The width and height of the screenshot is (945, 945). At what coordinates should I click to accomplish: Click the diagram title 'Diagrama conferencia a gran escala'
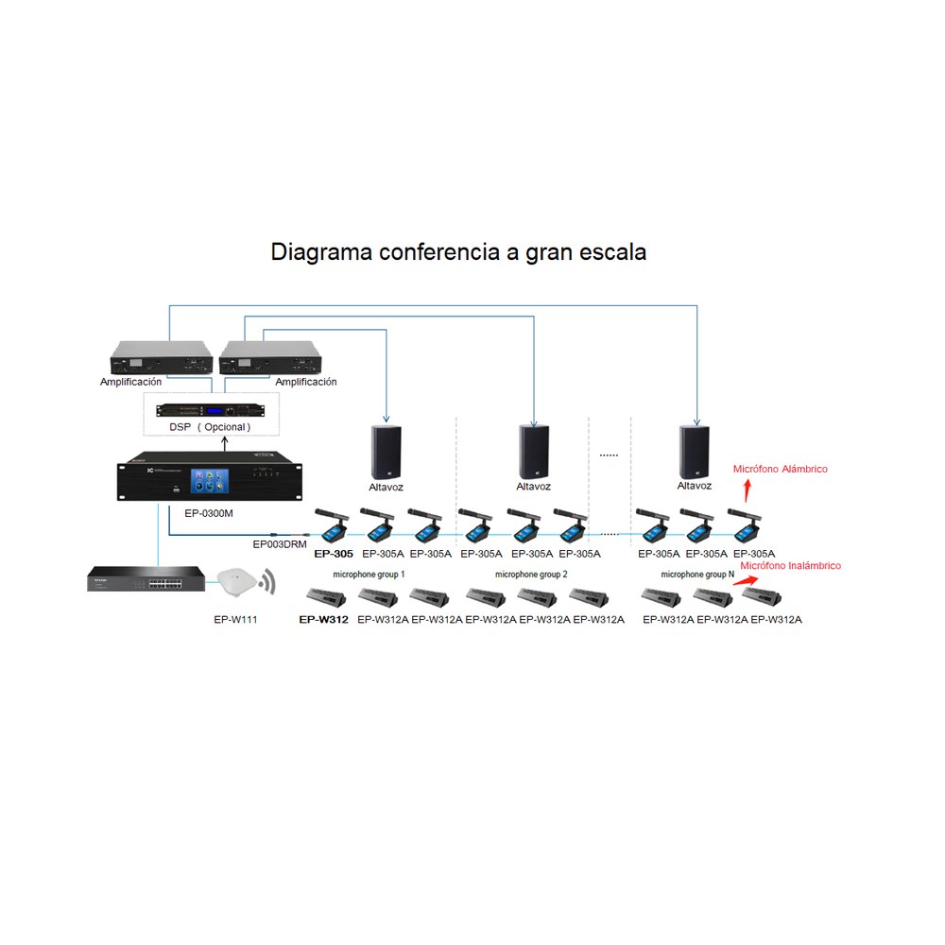[x=458, y=252]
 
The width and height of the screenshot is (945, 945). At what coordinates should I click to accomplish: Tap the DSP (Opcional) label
[x=210, y=427]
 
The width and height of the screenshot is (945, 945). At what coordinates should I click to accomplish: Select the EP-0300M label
[x=209, y=513]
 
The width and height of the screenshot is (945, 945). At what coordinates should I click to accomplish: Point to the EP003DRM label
[x=280, y=544]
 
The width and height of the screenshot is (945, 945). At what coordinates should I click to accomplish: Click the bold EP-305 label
[x=334, y=553]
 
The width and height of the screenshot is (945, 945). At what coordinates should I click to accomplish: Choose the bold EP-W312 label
[x=323, y=619]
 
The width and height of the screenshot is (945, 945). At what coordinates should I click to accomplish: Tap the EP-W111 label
[x=235, y=619]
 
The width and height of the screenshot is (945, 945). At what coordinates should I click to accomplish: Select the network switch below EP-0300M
[x=146, y=578]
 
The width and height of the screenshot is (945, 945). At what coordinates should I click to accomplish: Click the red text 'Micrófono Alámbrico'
[x=780, y=469]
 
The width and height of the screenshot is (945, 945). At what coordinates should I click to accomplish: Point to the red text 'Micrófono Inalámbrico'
[x=790, y=565]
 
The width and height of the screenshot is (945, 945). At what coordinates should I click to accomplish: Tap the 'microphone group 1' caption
[x=369, y=575]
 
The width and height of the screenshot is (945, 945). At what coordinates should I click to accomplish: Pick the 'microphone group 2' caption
[x=531, y=575]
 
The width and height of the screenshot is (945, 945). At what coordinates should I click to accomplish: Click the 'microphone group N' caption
[x=697, y=575]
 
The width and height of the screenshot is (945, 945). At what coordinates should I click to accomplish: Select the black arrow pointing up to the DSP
[x=225, y=443]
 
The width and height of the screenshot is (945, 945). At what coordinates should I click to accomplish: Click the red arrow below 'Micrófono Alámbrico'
[x=747, y=490]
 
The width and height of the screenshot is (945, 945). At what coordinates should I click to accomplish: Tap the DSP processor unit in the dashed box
[x=210, y=410]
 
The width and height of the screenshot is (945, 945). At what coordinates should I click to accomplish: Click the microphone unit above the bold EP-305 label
[x=332, y=525]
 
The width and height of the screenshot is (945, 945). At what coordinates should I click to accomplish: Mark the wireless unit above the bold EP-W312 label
[x=326, y=596]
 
